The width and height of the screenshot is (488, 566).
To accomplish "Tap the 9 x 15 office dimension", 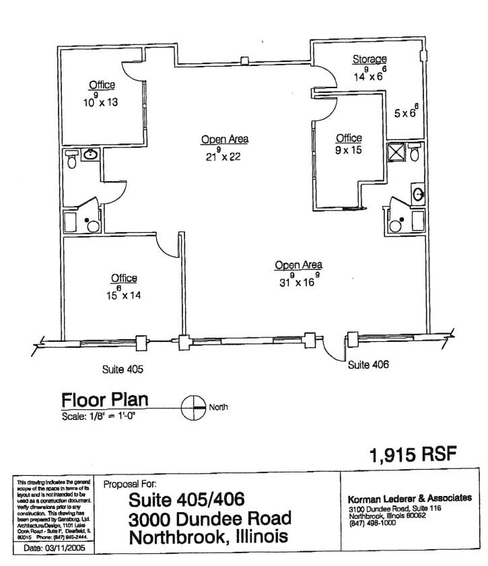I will coord(349,151).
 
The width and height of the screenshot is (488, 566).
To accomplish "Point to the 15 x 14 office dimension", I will coord(122,293).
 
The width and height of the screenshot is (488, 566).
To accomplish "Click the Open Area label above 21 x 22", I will coord(225,139).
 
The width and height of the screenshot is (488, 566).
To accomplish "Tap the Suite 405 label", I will coord(123,369).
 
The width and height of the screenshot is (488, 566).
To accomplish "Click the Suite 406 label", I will coord(368,364).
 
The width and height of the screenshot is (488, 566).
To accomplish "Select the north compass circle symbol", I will coord(194,408).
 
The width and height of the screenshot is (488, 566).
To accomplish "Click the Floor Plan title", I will coord(104,400).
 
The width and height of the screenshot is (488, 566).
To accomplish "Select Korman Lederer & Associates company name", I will coord(409,498).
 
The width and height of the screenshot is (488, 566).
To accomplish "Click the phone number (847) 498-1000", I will coord(372,523).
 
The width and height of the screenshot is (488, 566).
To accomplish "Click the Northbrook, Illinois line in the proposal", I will coord(208,538).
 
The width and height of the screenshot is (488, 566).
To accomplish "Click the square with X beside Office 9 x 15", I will coord(396,152).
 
